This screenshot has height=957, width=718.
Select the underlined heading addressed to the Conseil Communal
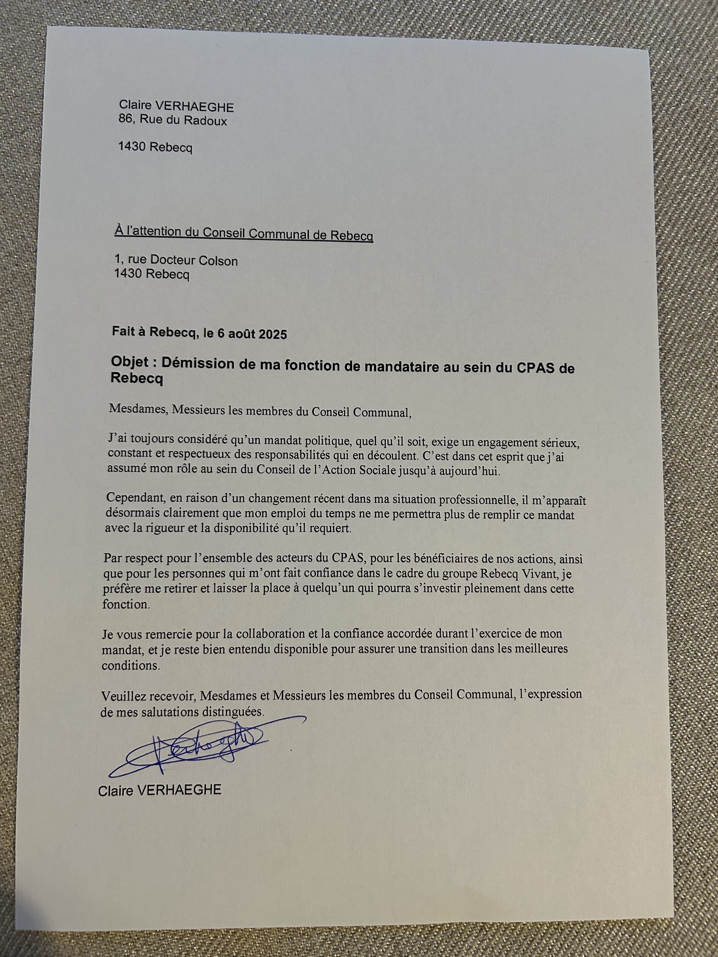pos(244,234)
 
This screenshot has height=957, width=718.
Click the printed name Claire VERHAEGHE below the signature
pos(160,790)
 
